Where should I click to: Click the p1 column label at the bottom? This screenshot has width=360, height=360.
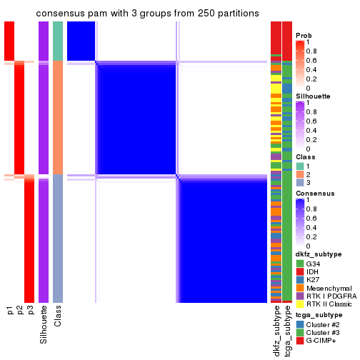pos(9,310)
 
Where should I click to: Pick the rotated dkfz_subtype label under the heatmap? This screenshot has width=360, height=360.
pos(276,329)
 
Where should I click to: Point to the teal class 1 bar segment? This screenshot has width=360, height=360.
pos(58,41)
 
